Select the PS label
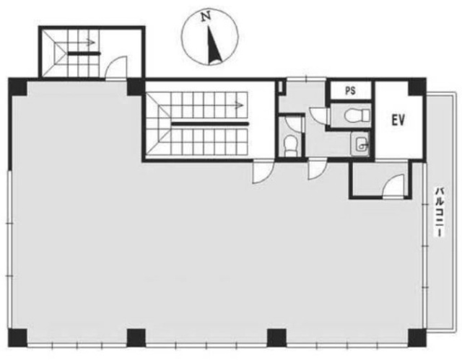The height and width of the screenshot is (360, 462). pyautogui.click(x=350, y=91)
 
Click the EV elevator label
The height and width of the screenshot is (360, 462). pyautogui.click(x=398, y=120)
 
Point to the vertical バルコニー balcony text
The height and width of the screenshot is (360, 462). pyautogui.click(x=439, y=211)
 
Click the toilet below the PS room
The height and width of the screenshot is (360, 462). pyautogui.click(x=357, y=115)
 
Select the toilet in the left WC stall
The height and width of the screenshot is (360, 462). pyautogui.click(x=290, y=145)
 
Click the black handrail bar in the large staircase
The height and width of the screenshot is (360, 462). pyautogui.click(x=210, y=123)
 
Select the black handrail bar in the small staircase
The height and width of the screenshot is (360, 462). pyautogui.click(x=84, y=53)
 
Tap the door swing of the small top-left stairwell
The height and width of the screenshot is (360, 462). pyautogui.click(x=117, y=68)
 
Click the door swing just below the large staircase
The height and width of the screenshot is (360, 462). pyautogui.click(x=263, y=172)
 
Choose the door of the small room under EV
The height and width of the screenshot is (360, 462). pyautogui.click(x=393, y=185)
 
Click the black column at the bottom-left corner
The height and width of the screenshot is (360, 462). pyautogui.click(x=17, y=338)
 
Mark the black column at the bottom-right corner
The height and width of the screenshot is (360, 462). pyautogui.click(x=417, y=338)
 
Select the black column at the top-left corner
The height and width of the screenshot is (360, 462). pyautogui.click(x=17, y=87)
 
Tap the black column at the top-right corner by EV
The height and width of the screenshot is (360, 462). pyautogui.click(x=417, y=87)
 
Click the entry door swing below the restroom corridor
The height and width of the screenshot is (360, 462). pyautogui.click(x=317, y=170)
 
